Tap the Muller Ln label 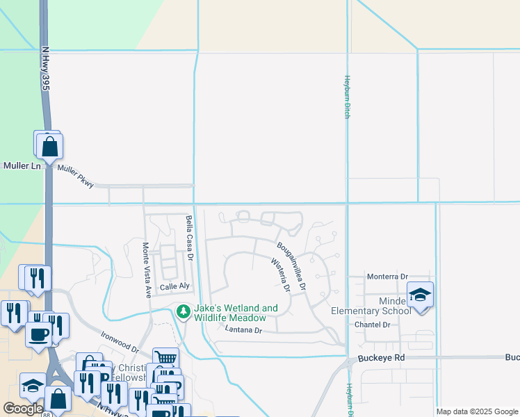coord(22,166)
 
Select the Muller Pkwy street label coord(76,175)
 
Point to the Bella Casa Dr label coord(189,236)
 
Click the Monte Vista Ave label coord(147,270)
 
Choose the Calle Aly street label coord(174,286)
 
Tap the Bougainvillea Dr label coord(292,265)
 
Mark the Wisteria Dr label coord(279,276)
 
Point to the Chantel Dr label coord(373,325)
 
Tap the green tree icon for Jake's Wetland coord(184,312)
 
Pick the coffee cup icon coord(38,333)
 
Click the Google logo coord(22,409)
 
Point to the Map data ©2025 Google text coord(476,411)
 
